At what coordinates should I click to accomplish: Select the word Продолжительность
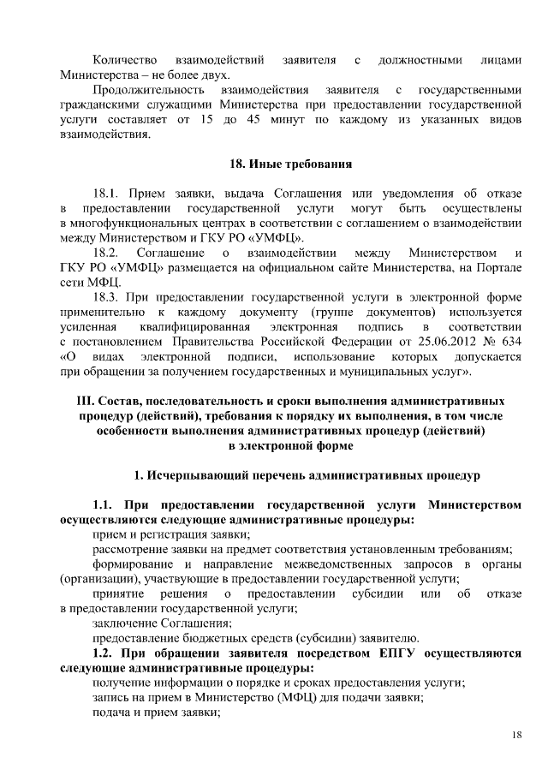coord(148,89)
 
